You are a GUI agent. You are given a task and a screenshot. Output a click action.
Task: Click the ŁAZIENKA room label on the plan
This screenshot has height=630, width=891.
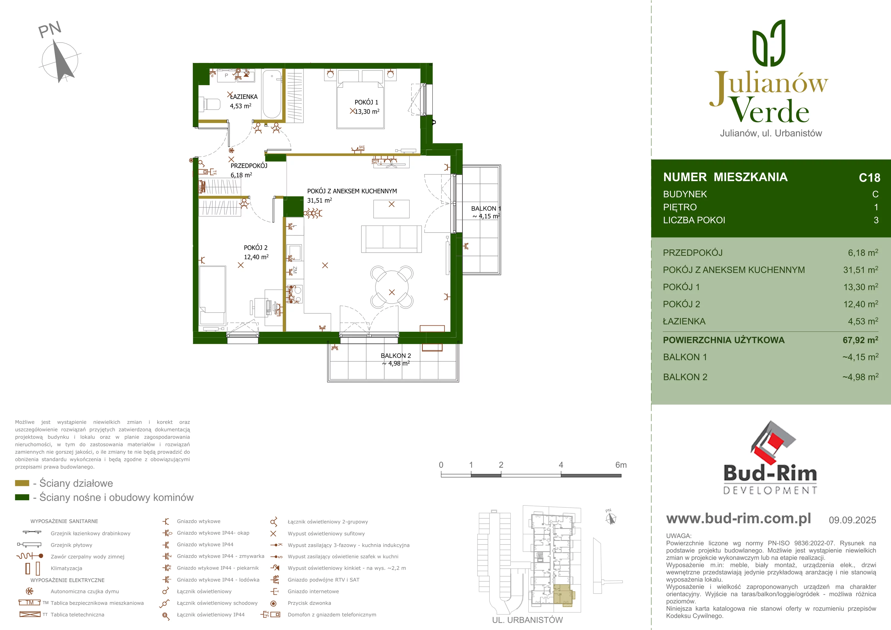(244, 97)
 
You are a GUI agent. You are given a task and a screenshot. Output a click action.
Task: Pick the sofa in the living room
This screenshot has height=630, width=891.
(391, 239)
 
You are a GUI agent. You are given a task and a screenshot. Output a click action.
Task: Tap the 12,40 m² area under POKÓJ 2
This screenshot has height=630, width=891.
(256, 257)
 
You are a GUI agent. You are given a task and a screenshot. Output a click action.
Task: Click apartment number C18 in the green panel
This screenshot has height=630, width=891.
(870, 178)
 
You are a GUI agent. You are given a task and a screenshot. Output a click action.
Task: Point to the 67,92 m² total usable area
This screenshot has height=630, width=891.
(860, 340)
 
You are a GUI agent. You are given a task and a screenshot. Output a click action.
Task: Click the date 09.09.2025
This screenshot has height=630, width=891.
(852, 520)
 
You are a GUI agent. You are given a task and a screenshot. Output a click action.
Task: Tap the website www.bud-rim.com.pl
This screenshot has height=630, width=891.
(738, 519)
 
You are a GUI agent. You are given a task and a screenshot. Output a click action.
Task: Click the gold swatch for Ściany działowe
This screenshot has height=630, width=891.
(22, 483)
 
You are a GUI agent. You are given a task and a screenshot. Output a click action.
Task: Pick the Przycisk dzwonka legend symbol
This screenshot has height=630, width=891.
(273, 603)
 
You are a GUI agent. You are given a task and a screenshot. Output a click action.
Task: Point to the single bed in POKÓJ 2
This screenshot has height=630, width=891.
(212, 295)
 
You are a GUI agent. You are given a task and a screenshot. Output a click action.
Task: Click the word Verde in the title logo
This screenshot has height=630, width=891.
(770, 110)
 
